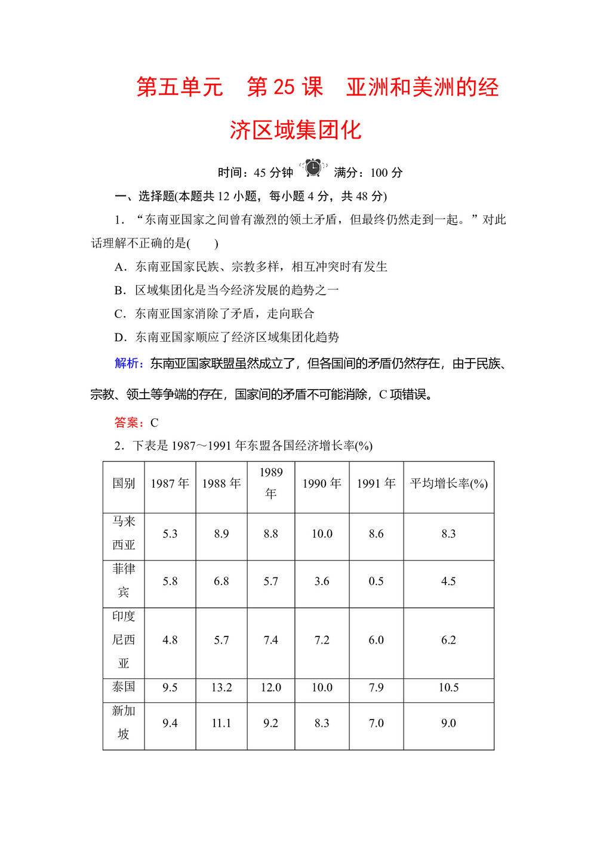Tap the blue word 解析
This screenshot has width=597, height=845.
[128, 363]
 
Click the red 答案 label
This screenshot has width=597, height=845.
[128, 422]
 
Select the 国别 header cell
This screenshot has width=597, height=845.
[124, 483]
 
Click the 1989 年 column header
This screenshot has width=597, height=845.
[270, 483]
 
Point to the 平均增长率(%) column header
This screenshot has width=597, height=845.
[448, 483]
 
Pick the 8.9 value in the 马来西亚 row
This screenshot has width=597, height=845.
[221, 534]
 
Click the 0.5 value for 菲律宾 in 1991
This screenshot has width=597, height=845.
[376, 581]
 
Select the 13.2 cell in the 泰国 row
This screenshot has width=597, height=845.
[221, 687]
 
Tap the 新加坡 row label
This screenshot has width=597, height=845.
[124, 722]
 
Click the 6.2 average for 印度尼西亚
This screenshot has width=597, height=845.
[448, 640]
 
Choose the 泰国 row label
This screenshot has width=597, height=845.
[124, 687]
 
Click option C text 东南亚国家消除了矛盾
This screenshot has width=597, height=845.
[224, 314]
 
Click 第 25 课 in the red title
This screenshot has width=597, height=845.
[285, 87]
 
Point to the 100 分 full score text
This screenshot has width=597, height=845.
[386, 173]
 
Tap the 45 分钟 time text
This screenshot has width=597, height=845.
[273, 173]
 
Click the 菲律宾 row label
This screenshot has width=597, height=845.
[124, 580]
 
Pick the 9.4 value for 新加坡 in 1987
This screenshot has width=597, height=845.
[170, 723]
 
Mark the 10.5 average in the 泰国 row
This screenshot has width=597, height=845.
[448, 687]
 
